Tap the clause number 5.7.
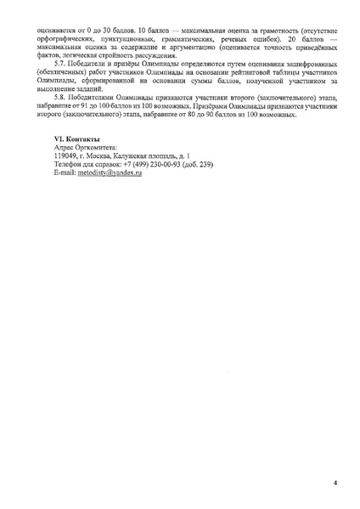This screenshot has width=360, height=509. click(60, 63)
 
